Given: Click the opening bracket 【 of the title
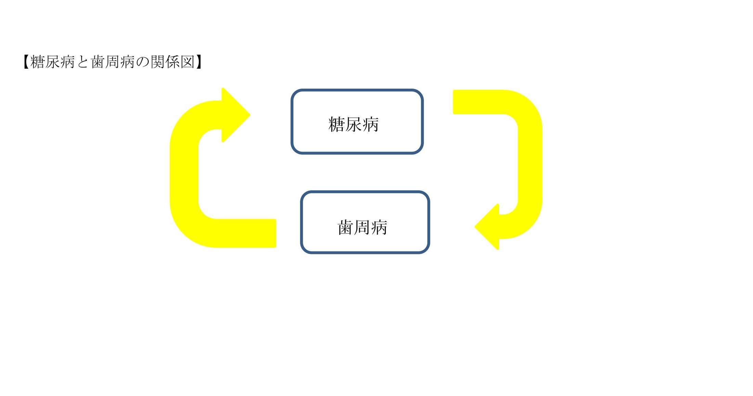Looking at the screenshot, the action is coord(26,62).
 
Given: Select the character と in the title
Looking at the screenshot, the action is coord(83,62).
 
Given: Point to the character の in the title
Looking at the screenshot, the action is coord(143,62).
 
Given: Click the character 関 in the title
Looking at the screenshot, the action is coord(158,62).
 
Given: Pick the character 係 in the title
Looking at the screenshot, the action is coord(173,62).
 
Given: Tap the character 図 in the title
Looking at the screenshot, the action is coord(188,62).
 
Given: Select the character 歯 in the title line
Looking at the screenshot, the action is coord(98,62).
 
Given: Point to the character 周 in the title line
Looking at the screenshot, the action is coord(113,62).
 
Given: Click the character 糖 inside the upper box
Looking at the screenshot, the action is coord(336,124).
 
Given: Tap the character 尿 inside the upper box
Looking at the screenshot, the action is coord(353,124).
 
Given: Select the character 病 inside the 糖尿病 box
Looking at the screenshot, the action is coord(371,124).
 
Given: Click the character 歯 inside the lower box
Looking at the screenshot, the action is coord(345,228).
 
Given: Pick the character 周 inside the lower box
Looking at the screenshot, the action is coord(362,228).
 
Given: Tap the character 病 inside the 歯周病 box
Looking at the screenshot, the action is coord(379,228).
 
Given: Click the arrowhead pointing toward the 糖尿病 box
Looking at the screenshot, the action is coord(236,115).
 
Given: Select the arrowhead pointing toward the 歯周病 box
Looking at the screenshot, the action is coord(487,227).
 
